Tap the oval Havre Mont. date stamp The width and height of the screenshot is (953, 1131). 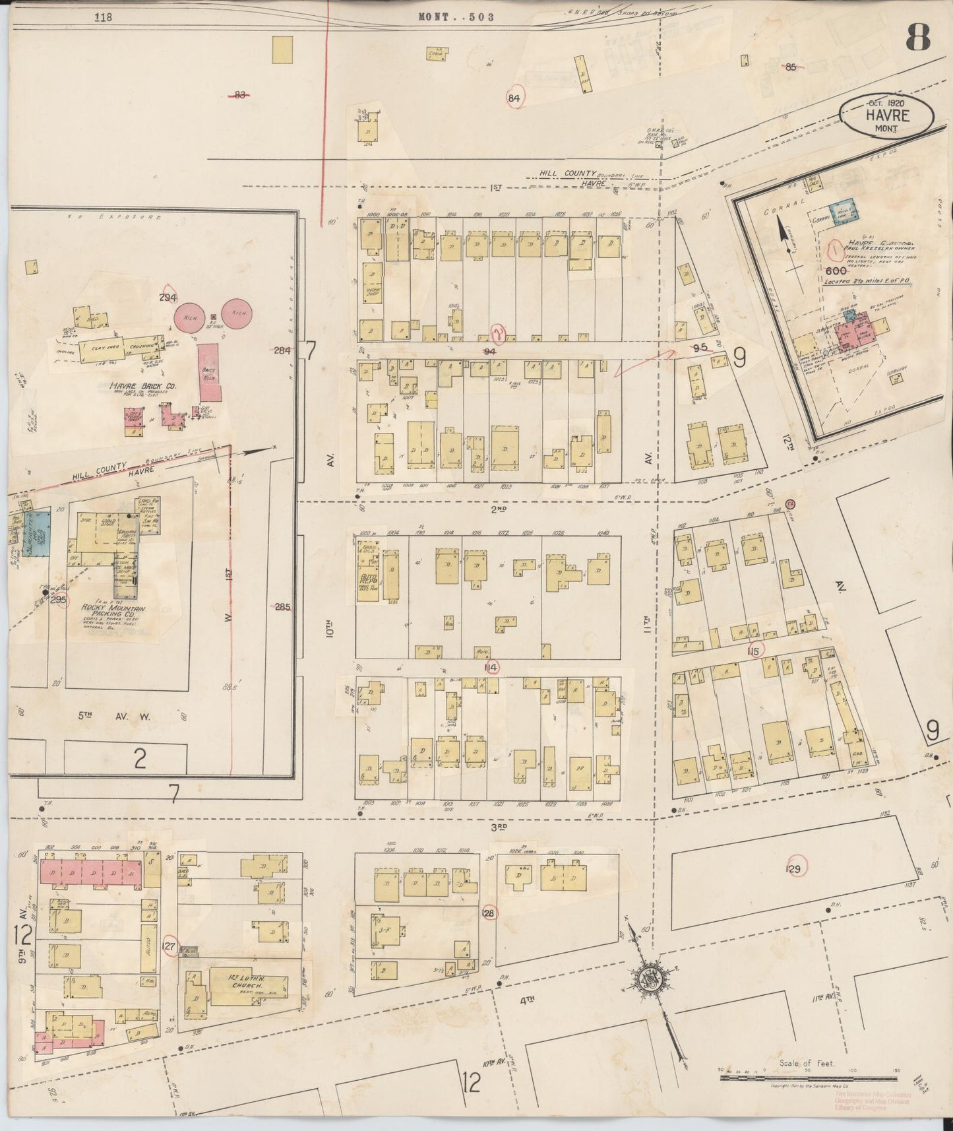click(886, 115)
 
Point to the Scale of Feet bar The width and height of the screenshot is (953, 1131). click(808, 1078)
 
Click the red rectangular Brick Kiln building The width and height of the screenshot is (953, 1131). click(210, 372)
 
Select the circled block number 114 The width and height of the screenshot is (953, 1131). click(490, 667)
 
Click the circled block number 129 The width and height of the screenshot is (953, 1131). click(793, 869)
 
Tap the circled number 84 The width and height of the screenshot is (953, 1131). click(515, 98)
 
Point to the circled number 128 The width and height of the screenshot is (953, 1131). click(489, 913)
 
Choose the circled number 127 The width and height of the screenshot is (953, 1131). click(170, 944)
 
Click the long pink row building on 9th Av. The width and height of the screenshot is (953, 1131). click(91, 872)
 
